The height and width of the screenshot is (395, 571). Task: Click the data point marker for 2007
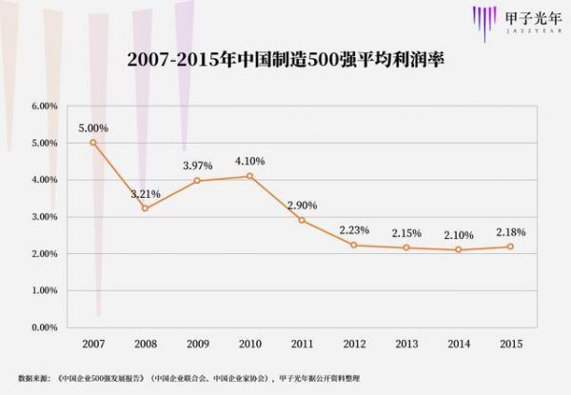pyautogui.click(x=92, y=143)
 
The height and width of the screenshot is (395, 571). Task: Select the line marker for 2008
pyautogui.click(x=145, y=207)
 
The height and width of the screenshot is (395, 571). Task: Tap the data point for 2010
pyautogui.click(x=249, y=176)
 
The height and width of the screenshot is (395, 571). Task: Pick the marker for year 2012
pyautogui.click(x=354, y=245)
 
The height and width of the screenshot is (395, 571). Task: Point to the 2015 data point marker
pyautogui.click(x=511, y=247)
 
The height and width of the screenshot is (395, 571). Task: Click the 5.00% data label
pyautogui.click(x=92, y=128)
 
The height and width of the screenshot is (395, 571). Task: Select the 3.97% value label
pyautogui.click(x=197, y=166)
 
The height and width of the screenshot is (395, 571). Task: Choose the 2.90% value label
pyautogui.click(x=302, y=205)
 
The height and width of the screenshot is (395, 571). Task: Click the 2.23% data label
pyautogui.click(x=354, y=229)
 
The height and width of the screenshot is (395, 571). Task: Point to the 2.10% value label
pyautogui.click(x=459, y=234)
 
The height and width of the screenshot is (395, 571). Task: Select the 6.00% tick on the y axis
pyautogui.click(x=46, y=106)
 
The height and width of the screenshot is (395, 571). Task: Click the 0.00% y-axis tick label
pyautogui.click(x=46, y=327)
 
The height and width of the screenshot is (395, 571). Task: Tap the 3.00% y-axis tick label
pyautogui.click(x=46, y=217)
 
